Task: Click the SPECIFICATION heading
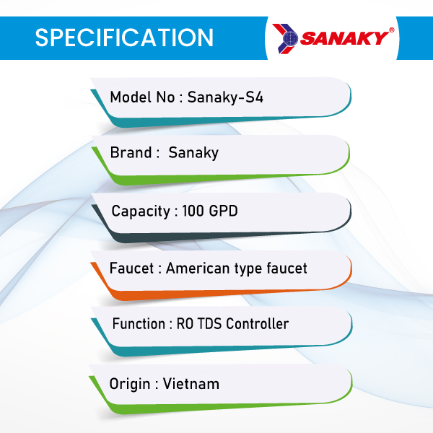(x=124, y=38)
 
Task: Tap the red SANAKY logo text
(x=344, y=38)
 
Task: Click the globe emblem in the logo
(x=290, y=38)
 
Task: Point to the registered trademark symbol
(x=392, y=30)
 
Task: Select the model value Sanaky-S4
(x=225, y=97)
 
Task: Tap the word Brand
(x=131, y=152)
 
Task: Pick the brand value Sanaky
(x=193, y=153)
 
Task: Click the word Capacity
(x=141, y=211)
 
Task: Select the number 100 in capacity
(x=193, y=211)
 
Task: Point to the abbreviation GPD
(x=223, y=211)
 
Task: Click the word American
(x=198, y=268)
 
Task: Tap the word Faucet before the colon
(x=132, y=268)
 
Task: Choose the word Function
(x=139, y=323)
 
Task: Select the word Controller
(x=258, y=323)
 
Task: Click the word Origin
(x=130, y=385)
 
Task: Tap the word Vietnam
(x=191, y=384)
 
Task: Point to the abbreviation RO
(x=185, y=323)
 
